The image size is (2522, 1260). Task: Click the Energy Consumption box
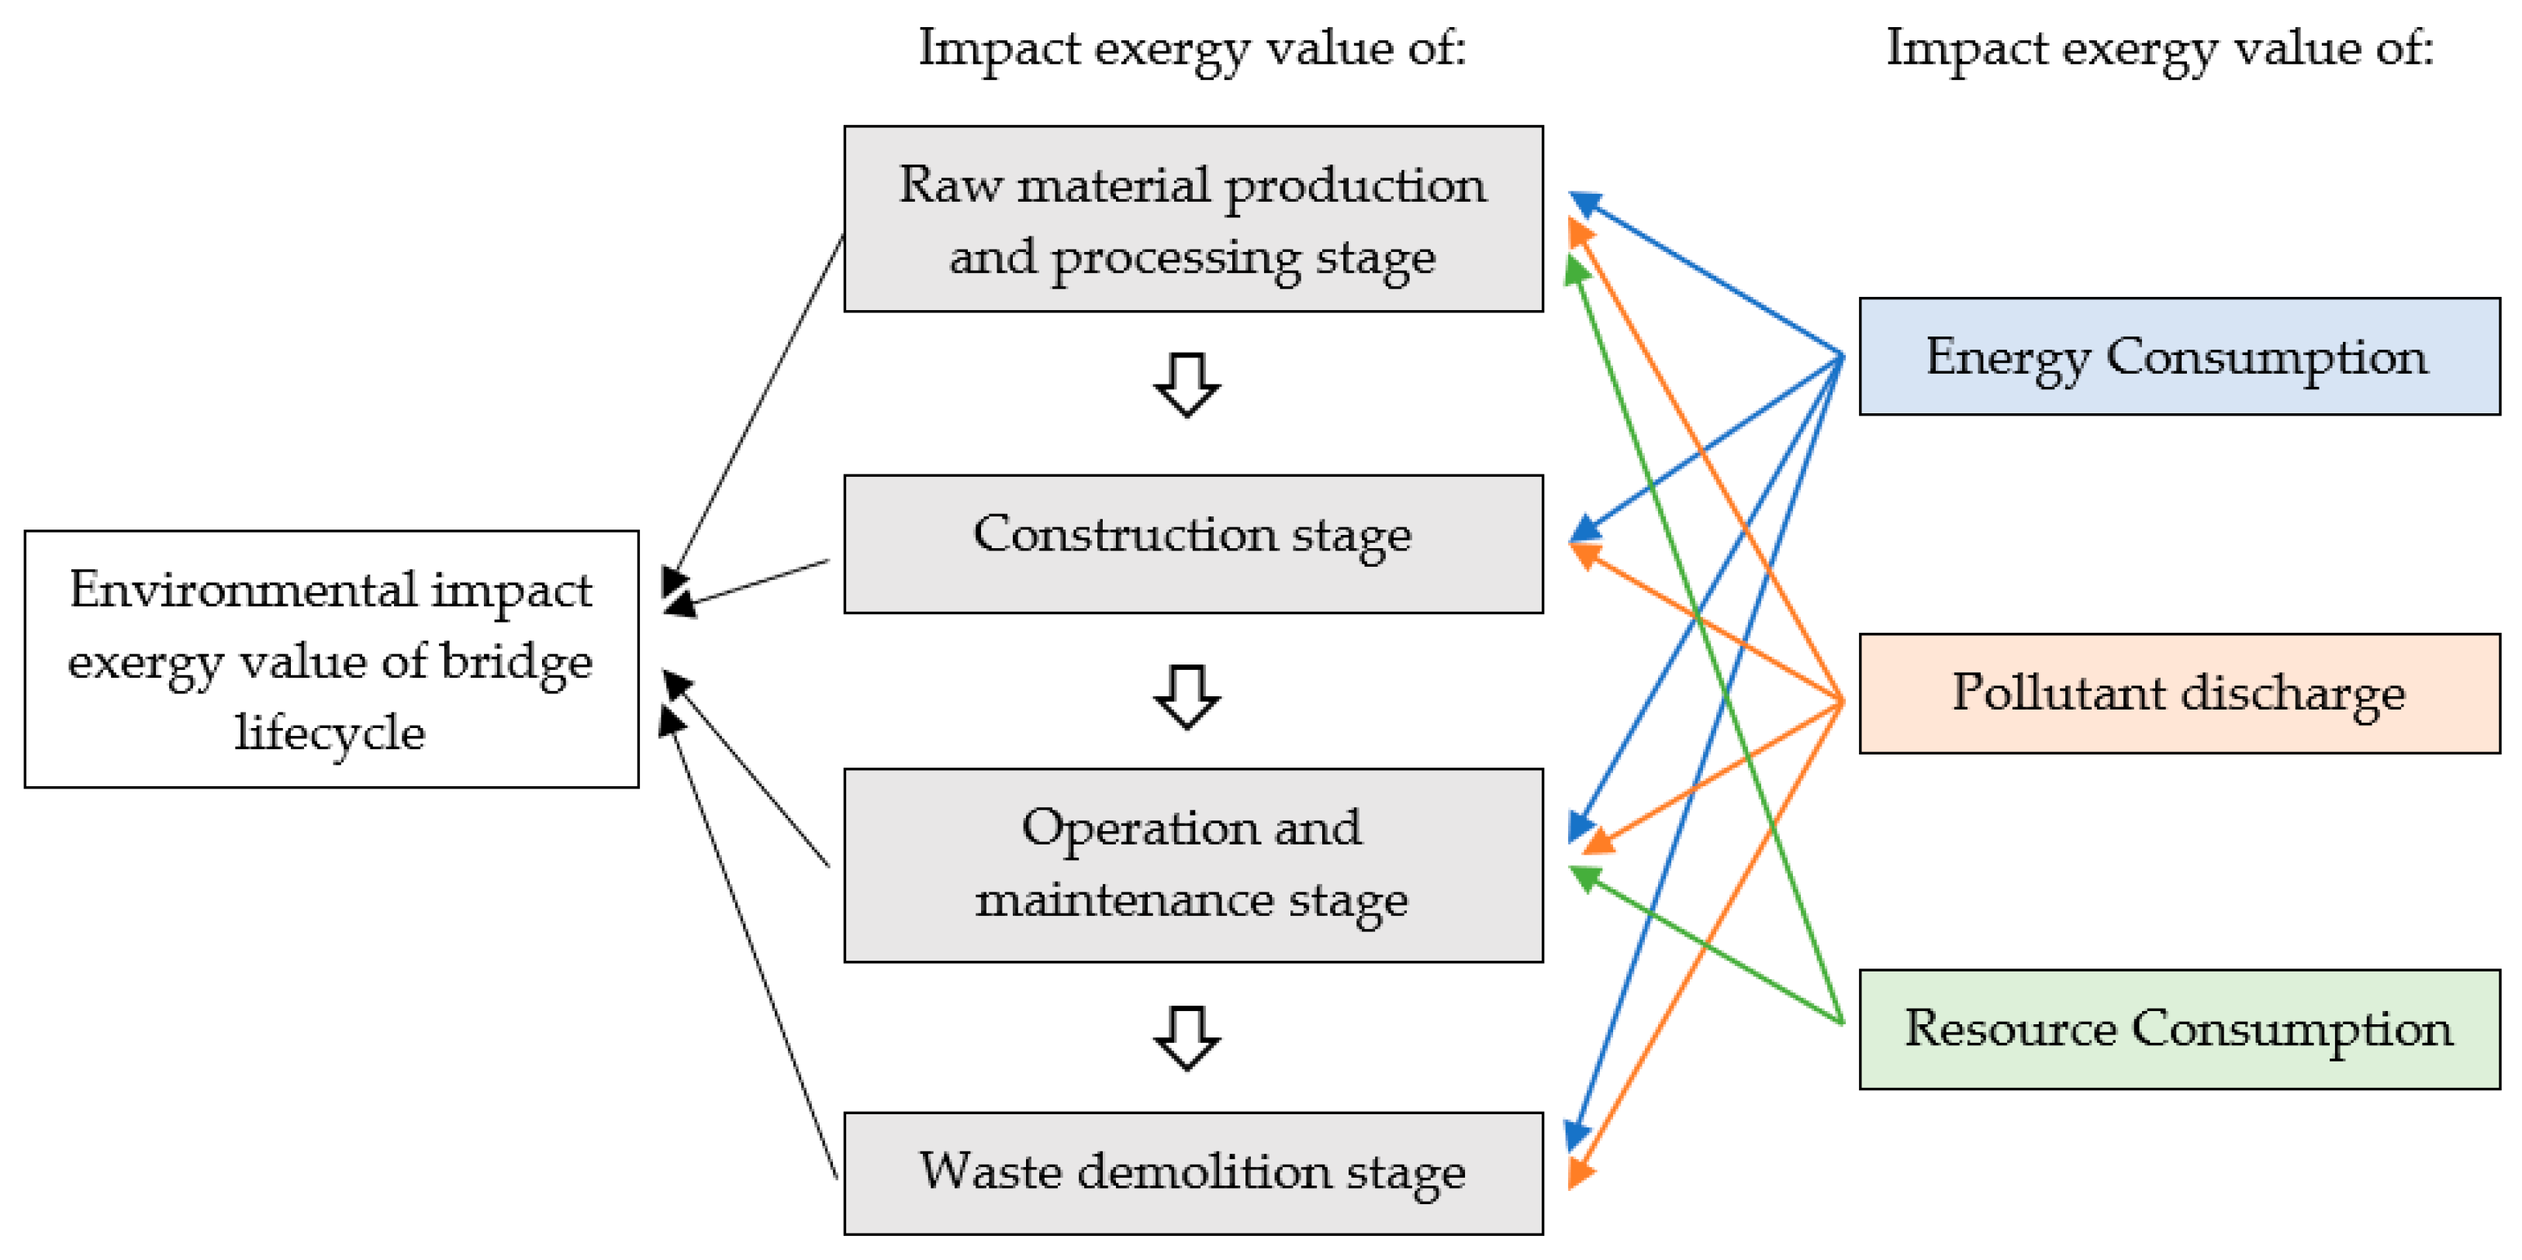[x=2178, y=357]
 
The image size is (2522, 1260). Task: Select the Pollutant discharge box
[x=2178, y=693]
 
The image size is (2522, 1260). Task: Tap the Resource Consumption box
[x=2178, y=1029]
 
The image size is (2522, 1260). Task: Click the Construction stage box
[x=1193, y=544]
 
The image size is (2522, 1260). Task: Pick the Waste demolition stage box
[x=1193, y=1173]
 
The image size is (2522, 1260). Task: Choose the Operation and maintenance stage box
[x=1193, y=865]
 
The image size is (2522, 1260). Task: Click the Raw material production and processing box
[x=1193, y=219]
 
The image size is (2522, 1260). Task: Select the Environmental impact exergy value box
[x=331, y=659]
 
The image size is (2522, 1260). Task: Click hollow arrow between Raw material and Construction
[x=1187, y=385]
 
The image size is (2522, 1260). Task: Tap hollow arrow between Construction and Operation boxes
[x=1187, y=697]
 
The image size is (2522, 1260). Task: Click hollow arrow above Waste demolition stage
[x=1187, y=1037]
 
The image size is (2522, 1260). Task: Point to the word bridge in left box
[x=516, y=663]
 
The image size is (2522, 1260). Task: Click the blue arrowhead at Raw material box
[x=1585, y=204]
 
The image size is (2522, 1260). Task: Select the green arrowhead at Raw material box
[x=1575, y=268]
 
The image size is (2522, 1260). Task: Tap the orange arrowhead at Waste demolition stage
[x=1578, y=1171]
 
